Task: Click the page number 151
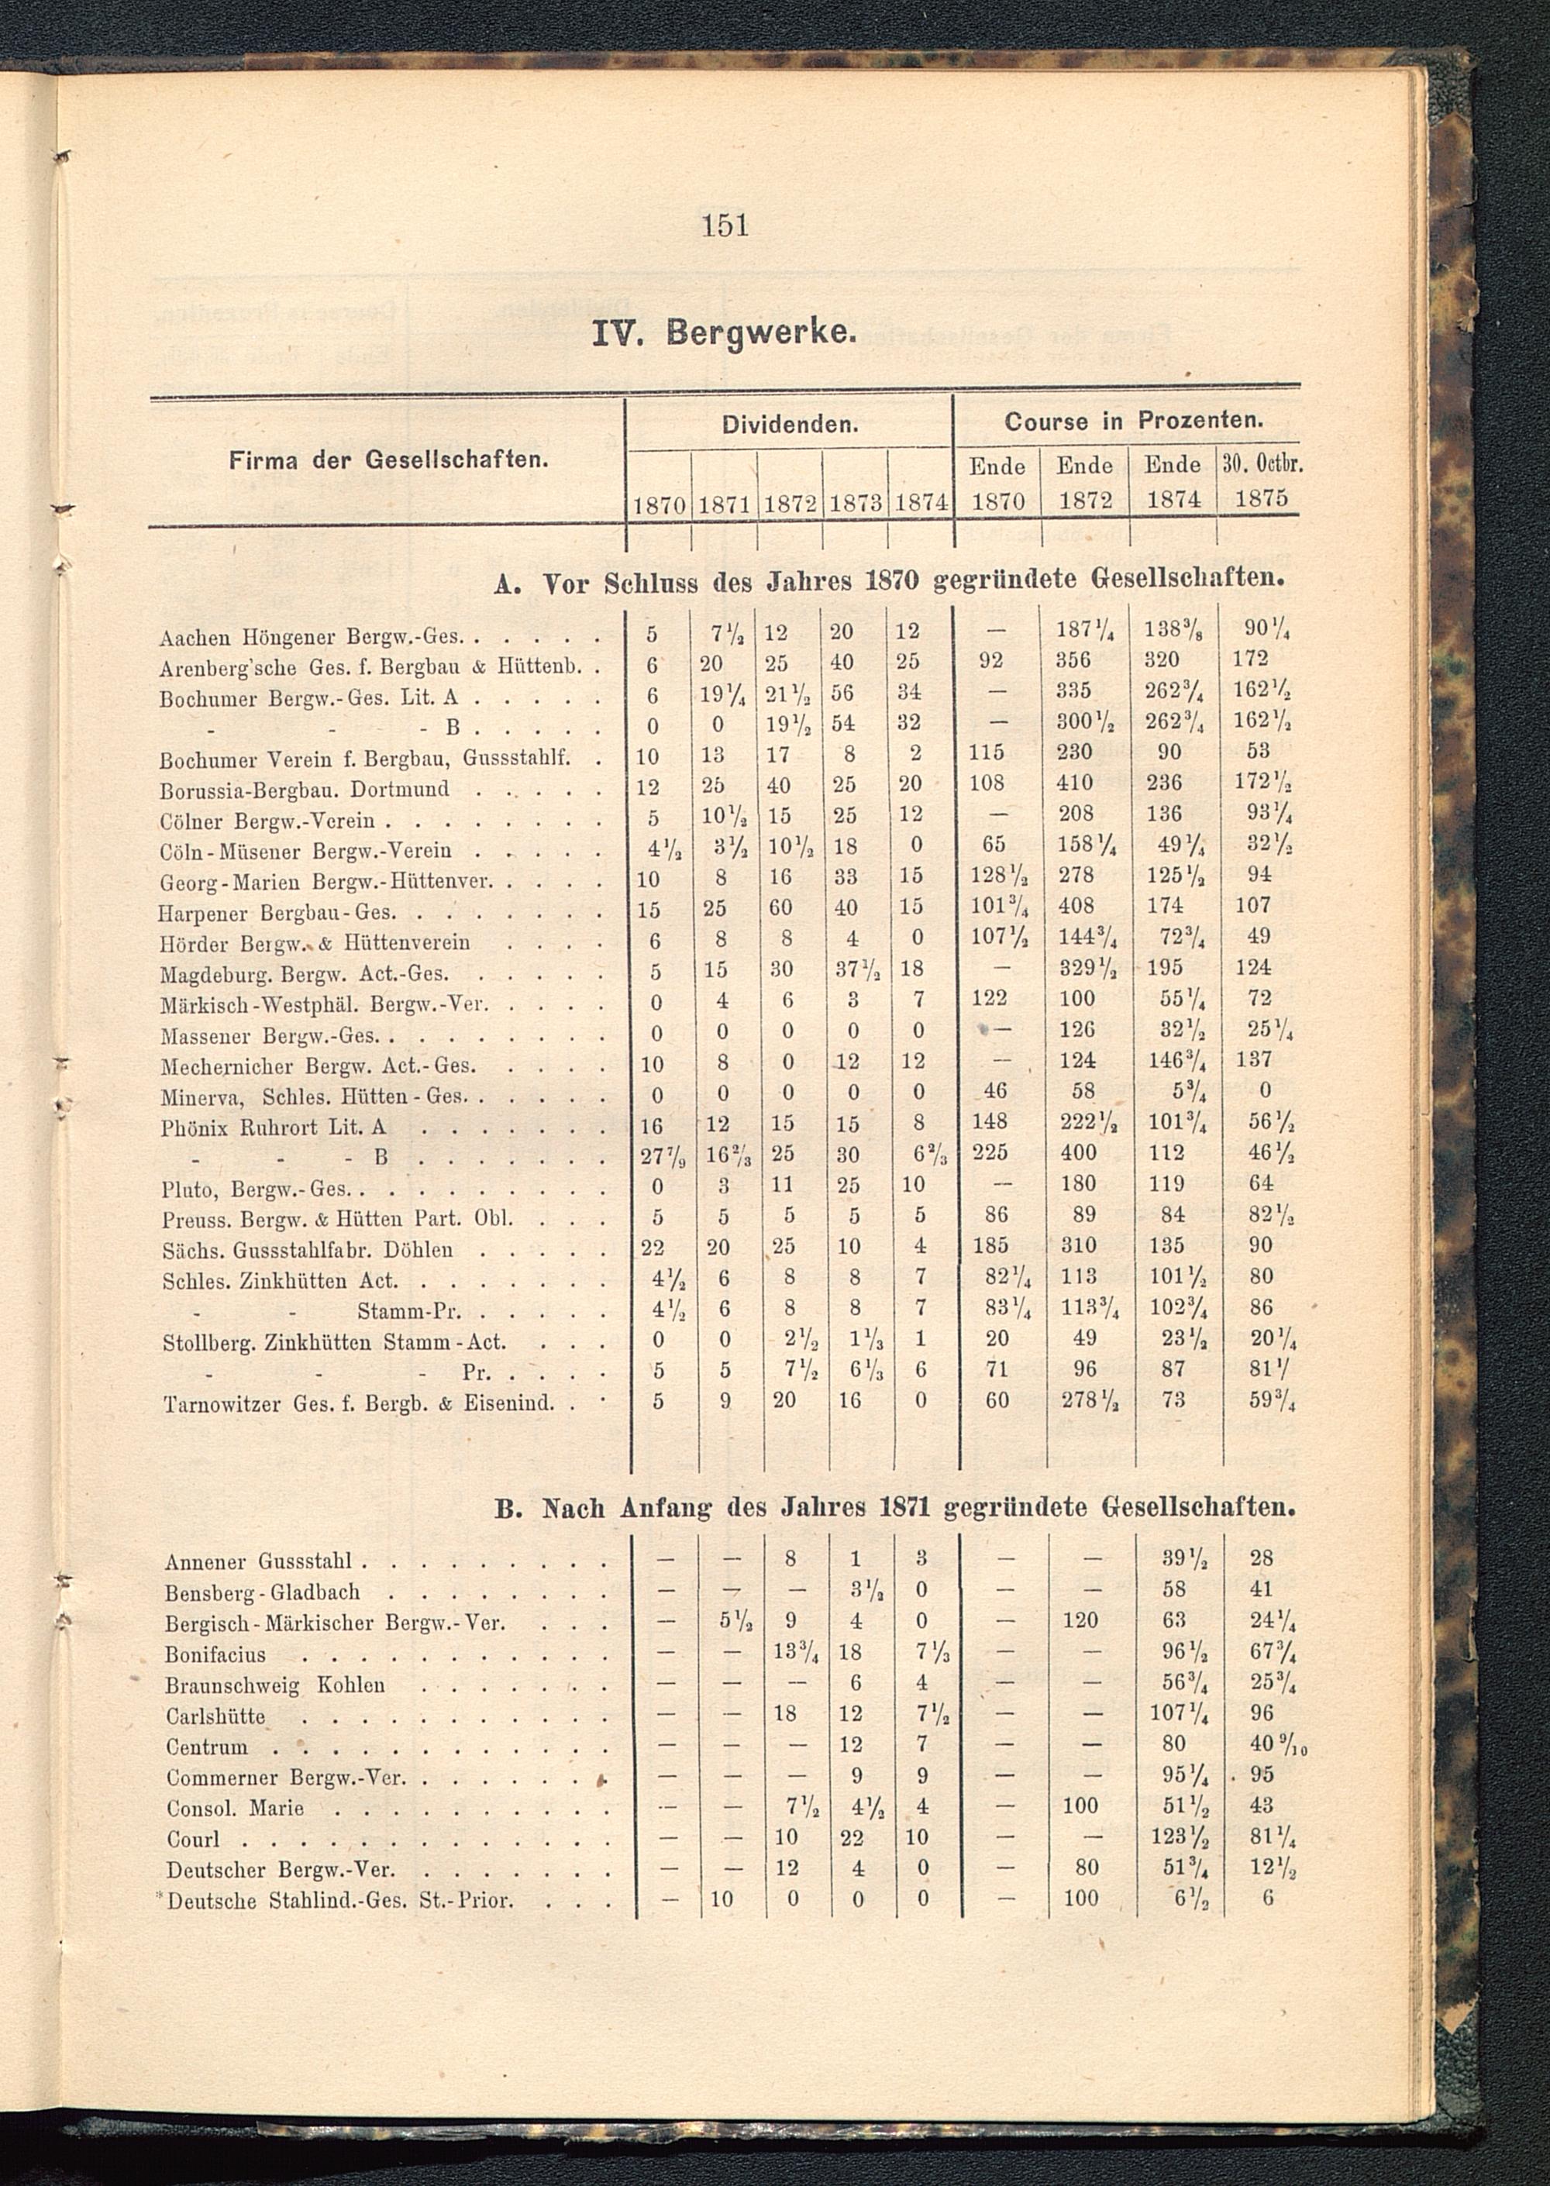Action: (x=725, y=226)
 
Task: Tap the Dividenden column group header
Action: (x=788, y=424)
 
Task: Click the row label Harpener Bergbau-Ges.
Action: (x=277, y=912)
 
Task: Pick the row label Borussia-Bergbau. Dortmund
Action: (x=304, y=789)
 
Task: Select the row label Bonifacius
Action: (x=215, y=1654)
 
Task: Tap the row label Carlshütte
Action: (x=215, y=1716)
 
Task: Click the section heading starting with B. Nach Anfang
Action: (x=895, y=1509)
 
